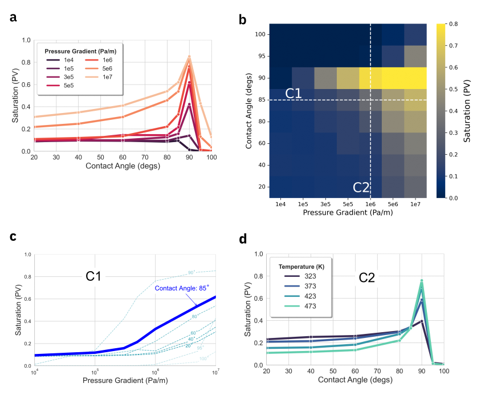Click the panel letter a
click(x=13, y=18)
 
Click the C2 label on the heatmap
click(x=361, y=187)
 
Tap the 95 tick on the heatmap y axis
click(x=260, y=56)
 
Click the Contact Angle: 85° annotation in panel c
click(x=182, y=288)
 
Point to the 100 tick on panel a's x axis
click(x=211, y=158)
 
